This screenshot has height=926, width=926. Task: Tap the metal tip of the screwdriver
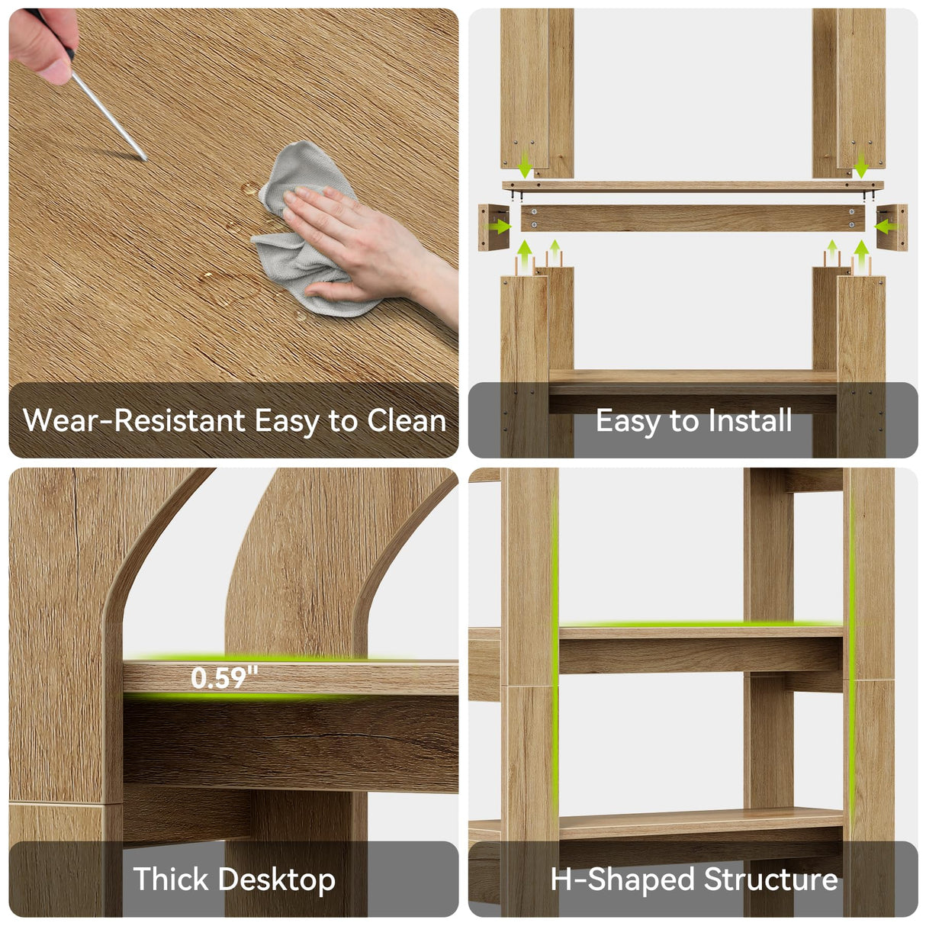(x=146, y=159)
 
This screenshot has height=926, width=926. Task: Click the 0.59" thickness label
(x=224, y=678)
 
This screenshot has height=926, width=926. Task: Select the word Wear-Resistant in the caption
(x=134, y=420)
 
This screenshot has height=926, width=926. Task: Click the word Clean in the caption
(x=407, y=420)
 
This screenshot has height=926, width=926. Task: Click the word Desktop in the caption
(x=279, y=881)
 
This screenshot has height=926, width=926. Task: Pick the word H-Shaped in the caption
(x=622, y=881)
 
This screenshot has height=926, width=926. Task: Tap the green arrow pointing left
(x=886, y=226)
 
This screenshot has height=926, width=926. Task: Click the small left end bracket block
(x=494, y=227)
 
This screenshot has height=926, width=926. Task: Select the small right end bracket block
(x=892, y=227)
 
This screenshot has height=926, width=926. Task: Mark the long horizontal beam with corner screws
(x=693, y=218)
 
